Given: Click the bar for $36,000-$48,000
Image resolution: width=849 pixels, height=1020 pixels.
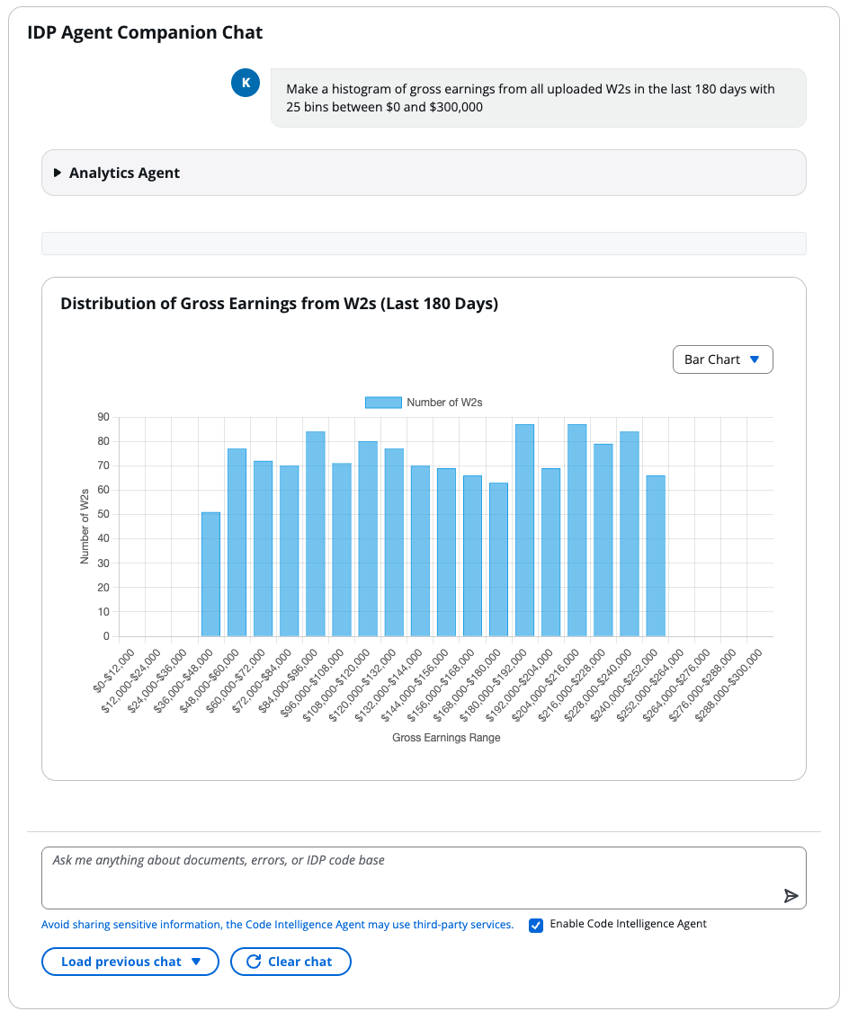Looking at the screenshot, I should [x=210, y=574].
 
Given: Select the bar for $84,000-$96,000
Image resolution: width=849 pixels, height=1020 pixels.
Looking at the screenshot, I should [x=315, y=534].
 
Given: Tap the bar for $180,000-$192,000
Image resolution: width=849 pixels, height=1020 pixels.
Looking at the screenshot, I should [x=524, y=530].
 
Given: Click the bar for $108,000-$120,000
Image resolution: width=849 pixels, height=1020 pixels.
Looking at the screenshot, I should [x=367, y=538].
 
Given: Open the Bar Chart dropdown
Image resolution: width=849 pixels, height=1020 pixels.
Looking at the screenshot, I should [x=722, y=359].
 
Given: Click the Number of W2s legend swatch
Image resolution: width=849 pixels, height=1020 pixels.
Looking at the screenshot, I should [x=383, y=403].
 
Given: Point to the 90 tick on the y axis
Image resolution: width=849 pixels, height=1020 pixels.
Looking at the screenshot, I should [x=103, y=417].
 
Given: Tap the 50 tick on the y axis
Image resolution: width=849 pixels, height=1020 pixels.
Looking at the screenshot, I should [x=103, y=515].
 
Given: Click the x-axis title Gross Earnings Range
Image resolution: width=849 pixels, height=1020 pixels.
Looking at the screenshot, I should [x=446, y=738].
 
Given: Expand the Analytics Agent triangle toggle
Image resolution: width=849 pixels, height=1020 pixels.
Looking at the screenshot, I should [x=58, y=173].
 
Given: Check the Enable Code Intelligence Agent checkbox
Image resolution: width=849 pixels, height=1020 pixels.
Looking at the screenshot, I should [x=536, y=925].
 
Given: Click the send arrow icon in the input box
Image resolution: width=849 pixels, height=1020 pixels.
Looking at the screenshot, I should [x=791, y=896].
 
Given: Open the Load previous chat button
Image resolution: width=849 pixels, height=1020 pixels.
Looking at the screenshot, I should [x=130, y=962].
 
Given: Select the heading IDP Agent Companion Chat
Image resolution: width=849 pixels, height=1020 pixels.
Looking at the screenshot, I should [x=145, y=33].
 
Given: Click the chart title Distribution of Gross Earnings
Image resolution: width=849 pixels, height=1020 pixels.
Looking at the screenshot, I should [x=279, y=304].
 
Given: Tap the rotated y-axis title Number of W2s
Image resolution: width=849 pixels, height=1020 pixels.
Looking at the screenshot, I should [x=85, y=526].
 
